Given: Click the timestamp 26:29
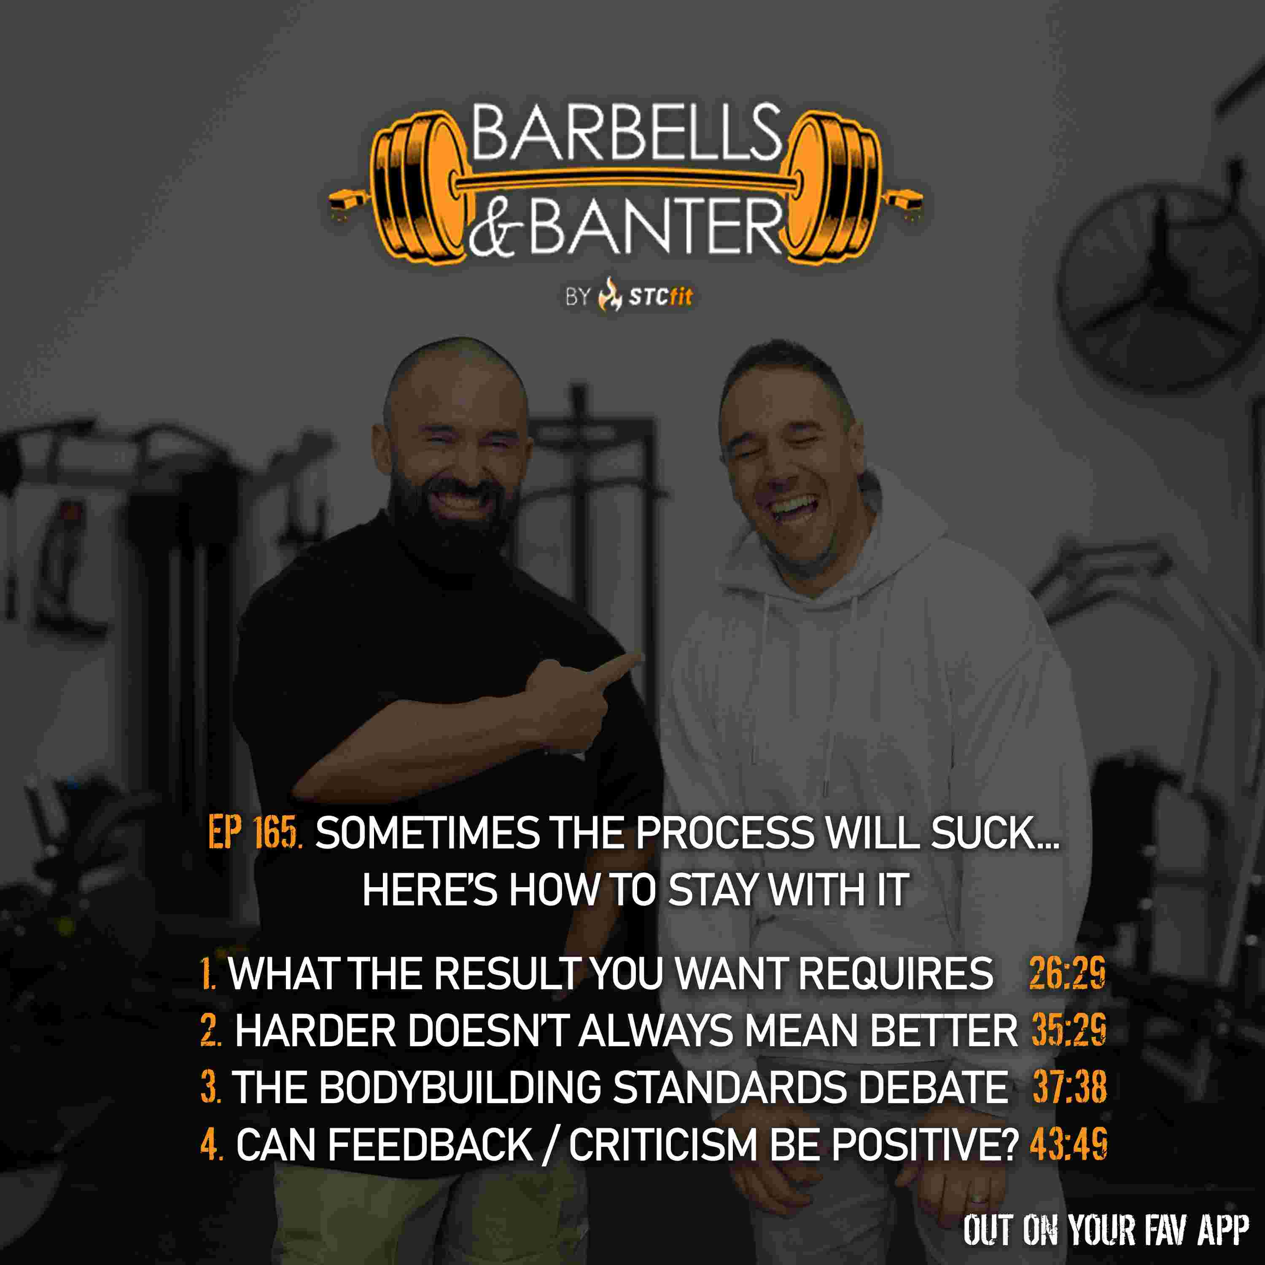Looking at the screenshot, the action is tap(1067, 972).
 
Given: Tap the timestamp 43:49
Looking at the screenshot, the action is tap(1068, 1144).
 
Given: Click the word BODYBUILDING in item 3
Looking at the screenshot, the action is tap(460, 1087).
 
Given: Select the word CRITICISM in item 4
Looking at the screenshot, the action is tap(662, 1144).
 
